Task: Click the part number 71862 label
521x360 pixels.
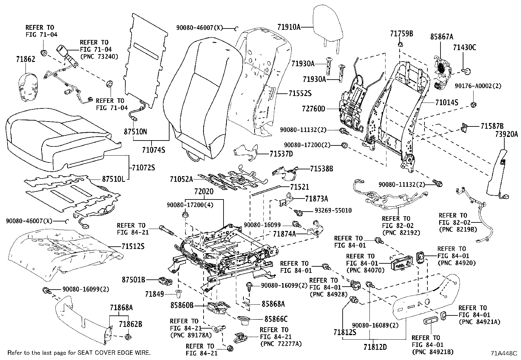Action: pos(26,59)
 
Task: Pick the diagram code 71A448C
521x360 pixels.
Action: pos(504,353)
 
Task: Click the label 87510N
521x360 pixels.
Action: pos(135,132)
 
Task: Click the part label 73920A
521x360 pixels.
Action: pos(507,134)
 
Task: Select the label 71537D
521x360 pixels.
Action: pos(281,153)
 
